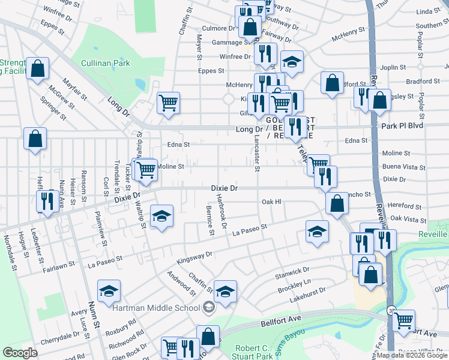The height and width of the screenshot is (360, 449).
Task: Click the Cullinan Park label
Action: [105, 62]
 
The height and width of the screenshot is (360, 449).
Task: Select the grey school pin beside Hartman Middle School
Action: [208, 308]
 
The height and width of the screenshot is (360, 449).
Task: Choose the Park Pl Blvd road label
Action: [402, 127]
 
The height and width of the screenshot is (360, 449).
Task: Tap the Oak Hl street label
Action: [272, 202]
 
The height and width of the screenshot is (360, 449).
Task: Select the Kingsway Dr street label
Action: [195, 258]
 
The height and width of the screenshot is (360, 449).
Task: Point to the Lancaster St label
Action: [257, 152]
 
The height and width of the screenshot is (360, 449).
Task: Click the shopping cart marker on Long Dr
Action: [169, 102]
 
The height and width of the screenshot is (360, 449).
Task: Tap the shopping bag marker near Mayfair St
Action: [38, 69]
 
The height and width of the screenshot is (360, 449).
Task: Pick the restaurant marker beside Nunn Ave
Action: [46, 201]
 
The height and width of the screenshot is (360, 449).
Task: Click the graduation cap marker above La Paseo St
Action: [317, 231]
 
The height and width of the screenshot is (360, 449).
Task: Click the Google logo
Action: [20, 353]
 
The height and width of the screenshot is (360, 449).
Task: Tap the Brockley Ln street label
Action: [294, 281]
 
